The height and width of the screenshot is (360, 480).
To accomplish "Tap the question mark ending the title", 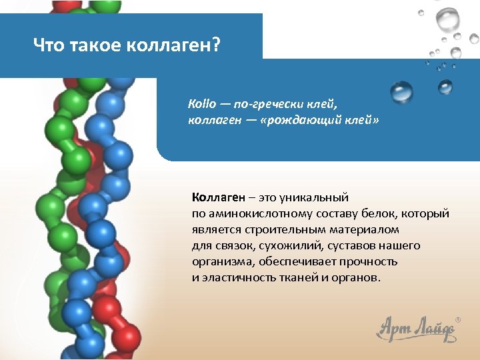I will [216, 47].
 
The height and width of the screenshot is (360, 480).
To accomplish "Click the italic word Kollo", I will [202, 105].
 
